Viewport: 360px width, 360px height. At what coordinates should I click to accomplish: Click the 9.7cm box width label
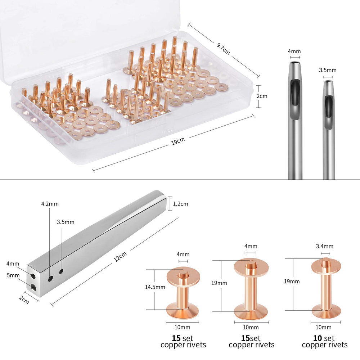tap(223, 49)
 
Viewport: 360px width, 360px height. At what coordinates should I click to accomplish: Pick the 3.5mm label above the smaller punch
tap(327, 70)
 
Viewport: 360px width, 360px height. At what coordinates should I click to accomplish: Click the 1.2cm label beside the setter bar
tap(180, 204)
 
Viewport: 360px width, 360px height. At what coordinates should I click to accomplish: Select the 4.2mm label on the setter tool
tap(50, 204)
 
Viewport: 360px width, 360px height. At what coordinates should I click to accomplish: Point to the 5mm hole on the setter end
tap(33, 287)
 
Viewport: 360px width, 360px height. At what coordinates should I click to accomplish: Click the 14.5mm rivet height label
tap(155, 287)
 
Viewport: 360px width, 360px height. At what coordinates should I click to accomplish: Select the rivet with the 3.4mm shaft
tap(326, 288)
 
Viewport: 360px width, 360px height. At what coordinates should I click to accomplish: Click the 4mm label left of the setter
tap(13, 264)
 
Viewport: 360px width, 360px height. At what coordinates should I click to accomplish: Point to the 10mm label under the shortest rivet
tap(182, 327)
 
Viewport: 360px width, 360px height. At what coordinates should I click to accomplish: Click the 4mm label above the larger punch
tap(294, 51)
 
